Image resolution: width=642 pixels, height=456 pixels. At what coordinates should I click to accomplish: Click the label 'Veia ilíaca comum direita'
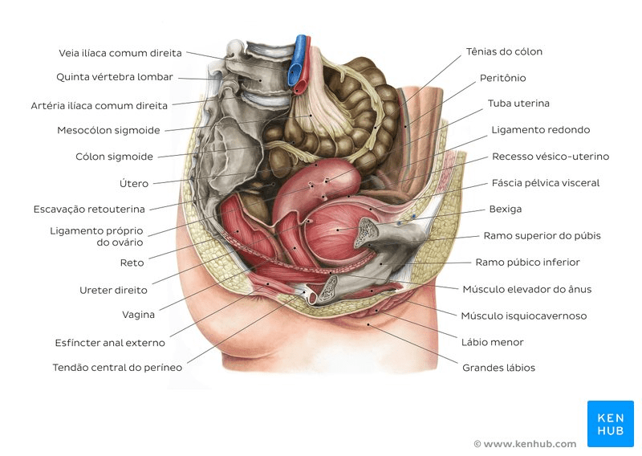click(120, 53)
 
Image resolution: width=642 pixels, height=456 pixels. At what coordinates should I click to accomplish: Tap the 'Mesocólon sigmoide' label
click(108, 130)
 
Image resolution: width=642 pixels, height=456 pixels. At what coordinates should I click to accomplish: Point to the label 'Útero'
click(134, 183)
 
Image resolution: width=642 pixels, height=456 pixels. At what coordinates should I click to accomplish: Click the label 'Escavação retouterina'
click(89, 209)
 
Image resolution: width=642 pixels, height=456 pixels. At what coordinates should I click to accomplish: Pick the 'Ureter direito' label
click(112, 289)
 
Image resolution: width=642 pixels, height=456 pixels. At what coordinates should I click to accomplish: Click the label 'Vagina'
click(138, 315)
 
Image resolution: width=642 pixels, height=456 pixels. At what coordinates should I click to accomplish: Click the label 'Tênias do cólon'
click(504, 51)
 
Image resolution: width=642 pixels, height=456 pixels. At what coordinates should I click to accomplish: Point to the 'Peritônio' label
click(502, 78)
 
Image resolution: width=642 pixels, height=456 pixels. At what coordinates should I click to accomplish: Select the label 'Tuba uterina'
click(518, 104)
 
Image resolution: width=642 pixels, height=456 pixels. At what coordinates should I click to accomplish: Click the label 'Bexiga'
click(506, 209)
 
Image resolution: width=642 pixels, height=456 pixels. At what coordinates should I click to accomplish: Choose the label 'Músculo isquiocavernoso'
click(523, 316)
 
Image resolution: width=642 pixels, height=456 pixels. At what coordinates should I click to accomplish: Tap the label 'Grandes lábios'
click(498, 368)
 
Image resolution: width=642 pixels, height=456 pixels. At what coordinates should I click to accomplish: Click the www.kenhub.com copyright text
click(525, 444)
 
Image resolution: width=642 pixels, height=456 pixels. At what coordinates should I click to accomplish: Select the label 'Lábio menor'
click(493, 342)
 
